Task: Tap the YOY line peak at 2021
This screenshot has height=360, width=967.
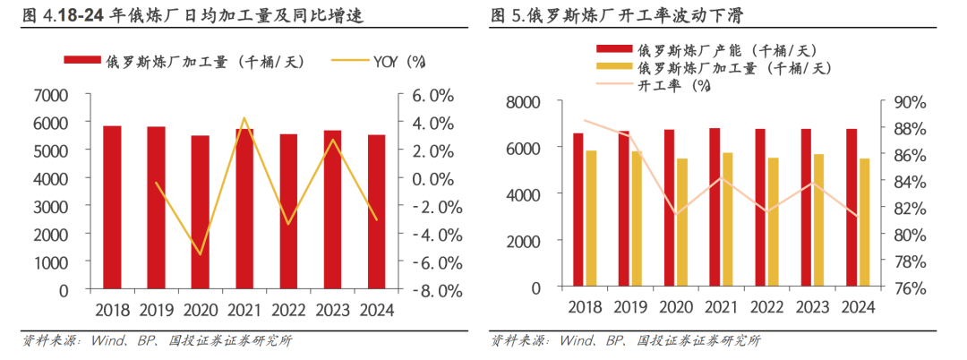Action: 244,117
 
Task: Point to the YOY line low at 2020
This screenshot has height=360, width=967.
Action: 201,254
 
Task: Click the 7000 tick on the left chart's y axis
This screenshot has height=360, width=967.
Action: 49,95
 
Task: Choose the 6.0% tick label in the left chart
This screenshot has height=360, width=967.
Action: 433,95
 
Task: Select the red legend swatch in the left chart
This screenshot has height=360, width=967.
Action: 82,61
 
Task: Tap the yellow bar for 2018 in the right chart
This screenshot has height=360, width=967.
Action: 591,220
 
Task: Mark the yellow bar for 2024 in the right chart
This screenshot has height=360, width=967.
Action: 864,224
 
